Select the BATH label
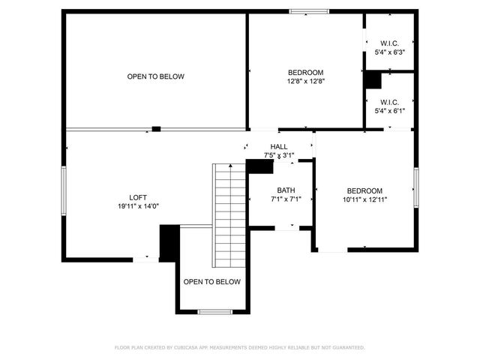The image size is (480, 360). [x=286, y=190]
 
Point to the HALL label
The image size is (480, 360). [x=279, y=147]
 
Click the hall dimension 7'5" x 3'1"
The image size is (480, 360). [x=279, y=155]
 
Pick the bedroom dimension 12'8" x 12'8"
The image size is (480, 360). [x=306, y=81]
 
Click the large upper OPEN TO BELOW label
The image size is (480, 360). [x=155, y=76]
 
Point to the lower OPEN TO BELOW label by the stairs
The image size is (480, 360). [x=212, y=282]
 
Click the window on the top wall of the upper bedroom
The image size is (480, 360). [x=309, y=11]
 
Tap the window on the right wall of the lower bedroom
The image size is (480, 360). [x=415, y=187]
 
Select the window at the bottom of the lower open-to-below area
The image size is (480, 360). [x=214, y=311]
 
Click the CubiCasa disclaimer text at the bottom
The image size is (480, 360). [x=239, y=347]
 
